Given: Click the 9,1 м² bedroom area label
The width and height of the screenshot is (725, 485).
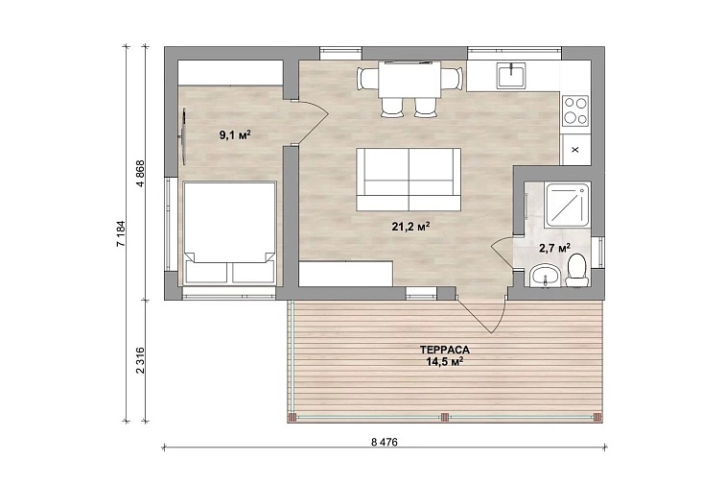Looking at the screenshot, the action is coord(235,135).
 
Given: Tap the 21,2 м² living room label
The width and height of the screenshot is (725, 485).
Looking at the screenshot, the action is coord(411,226).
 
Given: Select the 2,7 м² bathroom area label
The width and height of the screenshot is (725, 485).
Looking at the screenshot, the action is coord(554,248).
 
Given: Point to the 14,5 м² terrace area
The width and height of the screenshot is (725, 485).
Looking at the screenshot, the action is coord(445,361).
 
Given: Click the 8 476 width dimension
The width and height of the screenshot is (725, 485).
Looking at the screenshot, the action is coord(385,442).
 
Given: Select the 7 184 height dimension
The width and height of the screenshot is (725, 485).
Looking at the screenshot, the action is coord(121,234).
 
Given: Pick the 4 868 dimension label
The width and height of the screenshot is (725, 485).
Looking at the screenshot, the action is coord(141,173).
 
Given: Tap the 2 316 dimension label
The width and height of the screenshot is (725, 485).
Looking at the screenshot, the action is coord(141,360).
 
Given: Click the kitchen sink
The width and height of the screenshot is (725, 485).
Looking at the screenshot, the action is coord(511,76).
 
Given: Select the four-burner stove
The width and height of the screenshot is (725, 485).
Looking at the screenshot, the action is coord(575,111).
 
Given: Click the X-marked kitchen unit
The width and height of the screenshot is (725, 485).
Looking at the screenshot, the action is coord(575,150).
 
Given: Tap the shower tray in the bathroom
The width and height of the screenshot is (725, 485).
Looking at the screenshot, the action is coord(568,205).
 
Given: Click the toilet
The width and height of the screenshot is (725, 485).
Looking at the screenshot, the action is coord(576,270).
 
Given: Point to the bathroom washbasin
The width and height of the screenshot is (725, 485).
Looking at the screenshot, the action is coord(546,276).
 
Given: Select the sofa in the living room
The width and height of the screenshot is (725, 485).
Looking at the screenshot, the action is coord(409,180).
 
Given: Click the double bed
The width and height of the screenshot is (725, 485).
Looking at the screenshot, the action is coord(229,233).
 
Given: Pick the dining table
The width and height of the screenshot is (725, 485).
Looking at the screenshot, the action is coord(409,79).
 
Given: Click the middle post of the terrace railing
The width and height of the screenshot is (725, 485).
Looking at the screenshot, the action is coord(445,418).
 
